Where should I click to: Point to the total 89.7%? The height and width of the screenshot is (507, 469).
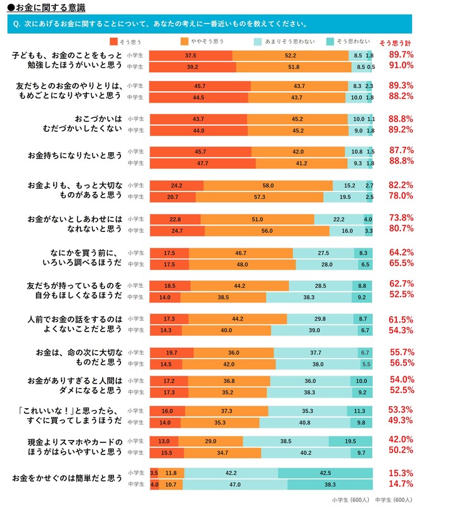[x=401, y=55]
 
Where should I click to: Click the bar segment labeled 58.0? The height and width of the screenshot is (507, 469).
[x=268, y=185]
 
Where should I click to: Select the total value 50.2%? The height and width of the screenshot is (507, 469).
[x=401, y=451]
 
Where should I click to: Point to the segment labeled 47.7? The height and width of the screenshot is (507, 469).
[x=203, y=163]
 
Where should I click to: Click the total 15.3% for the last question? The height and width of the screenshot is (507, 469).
[x=401, y=473]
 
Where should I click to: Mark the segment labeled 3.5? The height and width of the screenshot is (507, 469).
[x=154, y=473]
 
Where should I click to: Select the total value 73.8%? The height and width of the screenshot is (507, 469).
[x=401, y=217]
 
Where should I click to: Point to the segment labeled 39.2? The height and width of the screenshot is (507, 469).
[x=193, y=67]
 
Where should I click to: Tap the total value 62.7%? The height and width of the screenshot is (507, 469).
[x=401, y=283]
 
